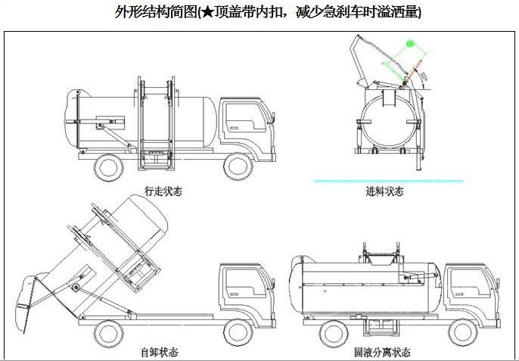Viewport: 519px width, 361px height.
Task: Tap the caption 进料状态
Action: click(384, 191)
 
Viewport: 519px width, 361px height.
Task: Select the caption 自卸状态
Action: click(160, 352)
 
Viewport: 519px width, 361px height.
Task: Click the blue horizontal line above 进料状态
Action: click(388, 181)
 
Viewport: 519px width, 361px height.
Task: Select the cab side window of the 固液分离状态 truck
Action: click(468, 279)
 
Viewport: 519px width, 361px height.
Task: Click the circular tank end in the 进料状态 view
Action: click(387, 121)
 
